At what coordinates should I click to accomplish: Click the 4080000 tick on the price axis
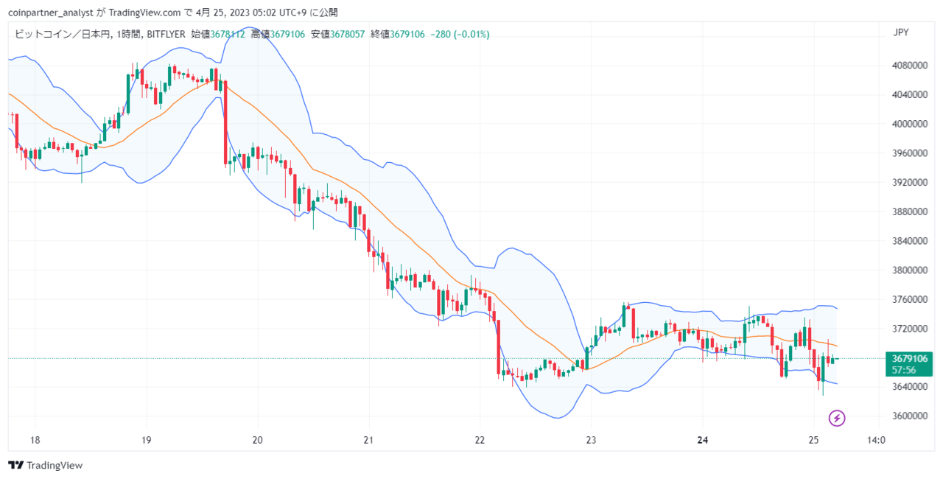(x=910, y=66)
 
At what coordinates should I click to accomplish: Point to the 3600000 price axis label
(x=910, y=416)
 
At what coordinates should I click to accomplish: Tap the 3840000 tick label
(x=910, y=241)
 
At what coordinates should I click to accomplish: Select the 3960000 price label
(x=910, y=153)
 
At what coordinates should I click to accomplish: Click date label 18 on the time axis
(x=35, y=440)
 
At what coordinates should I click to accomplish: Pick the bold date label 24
(x=702, y=440)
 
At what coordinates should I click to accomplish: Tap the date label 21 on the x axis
(x=368, y=440)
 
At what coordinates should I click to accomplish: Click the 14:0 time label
(x=876, y=440)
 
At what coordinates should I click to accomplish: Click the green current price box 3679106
(x=909, y=359)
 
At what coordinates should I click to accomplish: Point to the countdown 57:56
(x=904, y=370)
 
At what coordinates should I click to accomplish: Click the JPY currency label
(x=901, y=32)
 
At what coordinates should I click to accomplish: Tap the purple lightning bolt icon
(x=837, y=419)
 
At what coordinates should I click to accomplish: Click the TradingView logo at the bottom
(x=45, y=465)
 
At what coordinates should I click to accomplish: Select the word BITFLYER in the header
(x=166, y=34)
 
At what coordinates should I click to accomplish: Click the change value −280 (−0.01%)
(x=460, y=34)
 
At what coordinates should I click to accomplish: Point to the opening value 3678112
(x=228, y=34)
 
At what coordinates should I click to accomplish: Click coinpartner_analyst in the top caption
(x=51, y=13)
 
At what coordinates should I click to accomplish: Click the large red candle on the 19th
(x=225, y=122)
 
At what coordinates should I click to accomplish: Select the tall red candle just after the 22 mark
(x=499, y=347)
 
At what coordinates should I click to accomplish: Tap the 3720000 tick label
(x=910, y=329)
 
